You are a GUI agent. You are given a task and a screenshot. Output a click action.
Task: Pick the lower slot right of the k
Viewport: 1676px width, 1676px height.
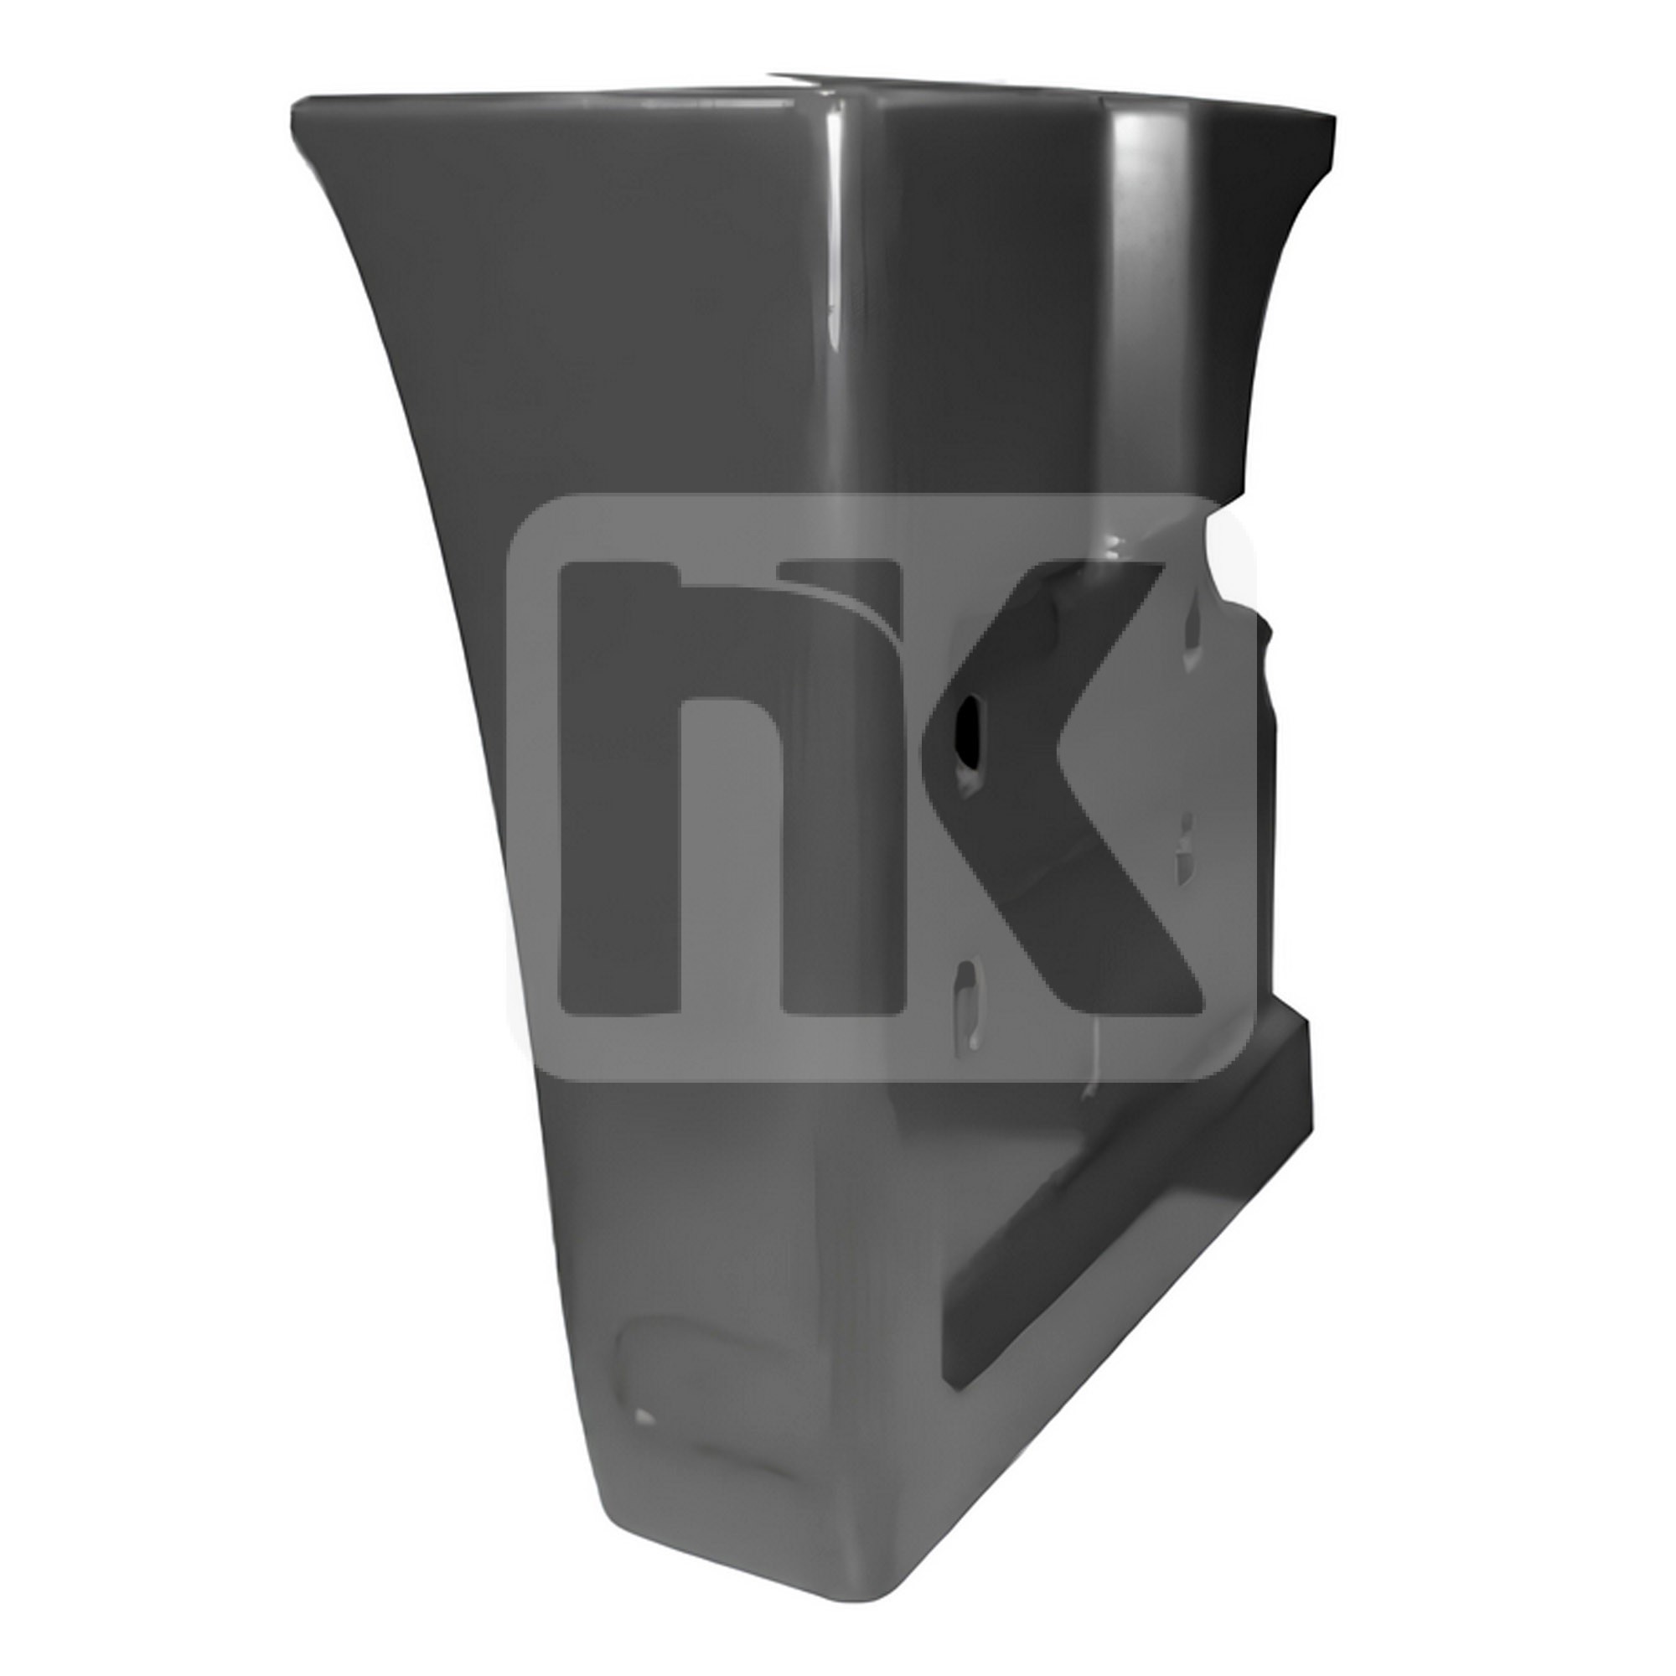coord(1184,855)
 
